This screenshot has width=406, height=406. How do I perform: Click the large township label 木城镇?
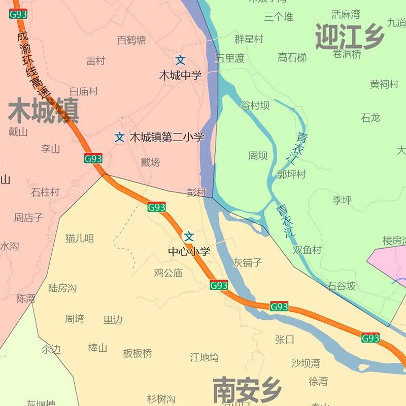pos(44,111)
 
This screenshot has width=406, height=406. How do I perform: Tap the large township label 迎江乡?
pos(350,37)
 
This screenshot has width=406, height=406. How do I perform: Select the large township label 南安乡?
pos(247,390)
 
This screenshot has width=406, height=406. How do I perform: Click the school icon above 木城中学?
pos(180,60)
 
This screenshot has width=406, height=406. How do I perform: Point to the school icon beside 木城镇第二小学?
pos(119,137)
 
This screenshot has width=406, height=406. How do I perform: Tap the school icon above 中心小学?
pos(189,236)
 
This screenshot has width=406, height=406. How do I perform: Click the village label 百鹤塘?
pos(131,40)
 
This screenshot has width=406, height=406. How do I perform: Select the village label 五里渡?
pos(229,58)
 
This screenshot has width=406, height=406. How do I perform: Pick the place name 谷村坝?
pos(255,106)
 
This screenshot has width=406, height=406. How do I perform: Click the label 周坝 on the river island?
pos(258,156)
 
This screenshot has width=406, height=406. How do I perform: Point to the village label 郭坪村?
pos(291,174)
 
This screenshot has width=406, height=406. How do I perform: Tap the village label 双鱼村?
pos(307,250)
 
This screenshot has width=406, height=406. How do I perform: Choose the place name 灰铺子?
pos(248,262)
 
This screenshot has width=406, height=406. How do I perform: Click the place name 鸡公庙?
pos(168,273)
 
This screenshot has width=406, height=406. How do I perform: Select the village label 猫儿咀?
pos(80,238)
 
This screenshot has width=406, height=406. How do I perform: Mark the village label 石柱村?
pos(45,192)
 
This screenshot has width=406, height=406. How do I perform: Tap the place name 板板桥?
pos(138,353)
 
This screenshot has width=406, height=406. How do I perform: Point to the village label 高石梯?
pos(292,58)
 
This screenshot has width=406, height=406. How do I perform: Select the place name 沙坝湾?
pos(306,363)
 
